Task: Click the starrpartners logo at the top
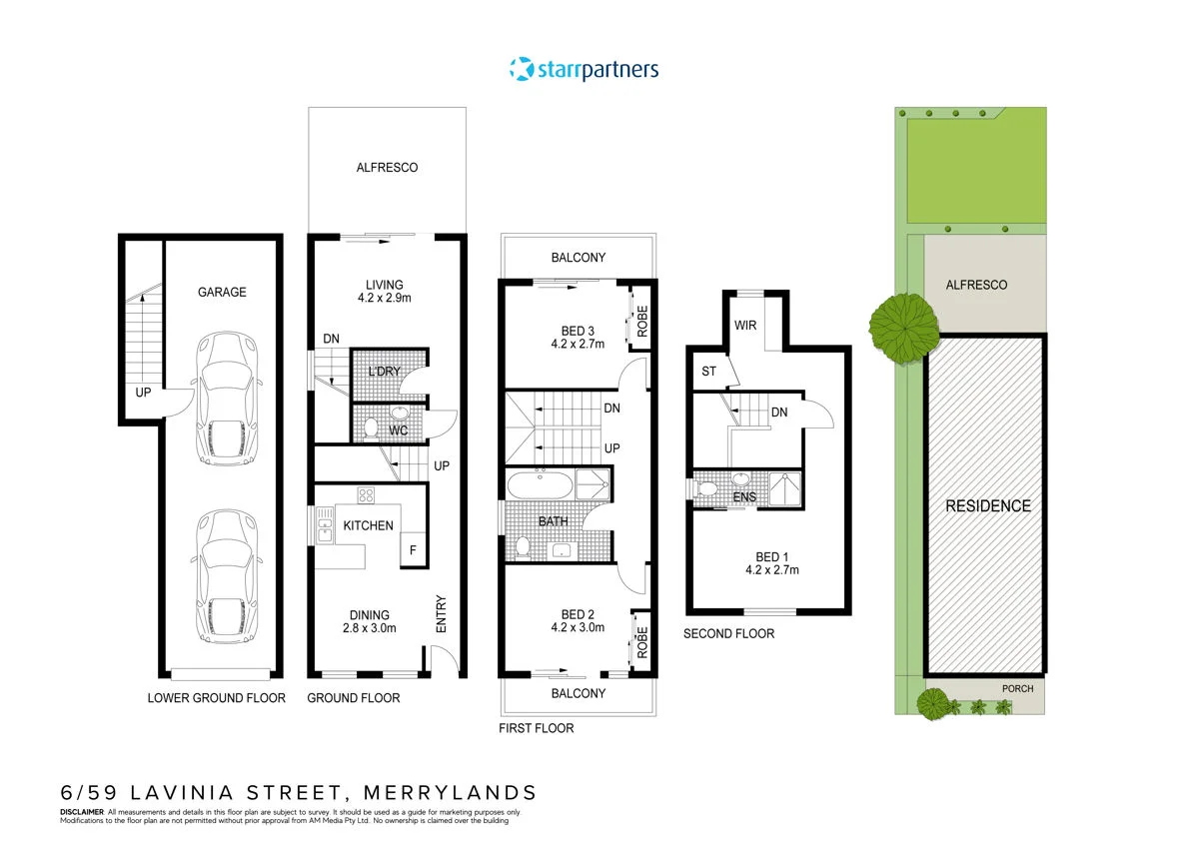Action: coord(585,69)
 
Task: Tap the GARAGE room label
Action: coord(221,292)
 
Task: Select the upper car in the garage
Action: coord(230,400)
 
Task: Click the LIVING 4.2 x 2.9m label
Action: coord(385,290)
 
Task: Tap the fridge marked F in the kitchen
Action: coord(410,550)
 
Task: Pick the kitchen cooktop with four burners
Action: coord(366,494)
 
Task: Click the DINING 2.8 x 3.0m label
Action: coord(369,621)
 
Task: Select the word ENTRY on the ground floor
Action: coord(441,614)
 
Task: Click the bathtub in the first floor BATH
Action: coord(540,485)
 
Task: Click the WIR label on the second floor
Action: coord(744,325)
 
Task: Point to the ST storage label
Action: coord(709,372)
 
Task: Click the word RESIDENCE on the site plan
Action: coord(987,505)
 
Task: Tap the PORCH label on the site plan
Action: coord(1017,688)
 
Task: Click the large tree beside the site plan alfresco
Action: coord(903,321)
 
